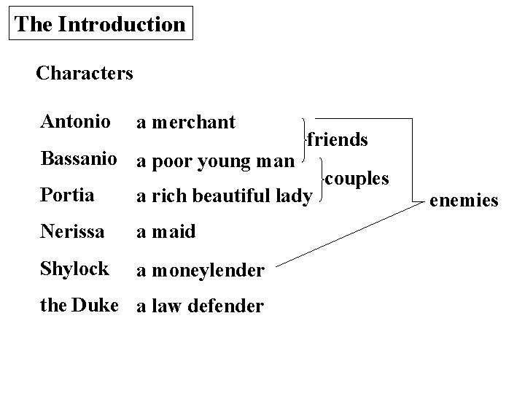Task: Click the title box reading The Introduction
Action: [x=100, y=24]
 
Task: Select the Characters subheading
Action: [x=84, y=73]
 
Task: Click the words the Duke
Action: [x=79, y=305]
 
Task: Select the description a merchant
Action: [x=186, y=122]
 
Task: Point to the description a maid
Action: [x=166, y=233]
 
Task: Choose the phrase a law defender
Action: [x=200, y=306]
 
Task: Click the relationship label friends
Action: [x=337, y=139]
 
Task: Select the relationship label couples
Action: [x=357, y=177]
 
